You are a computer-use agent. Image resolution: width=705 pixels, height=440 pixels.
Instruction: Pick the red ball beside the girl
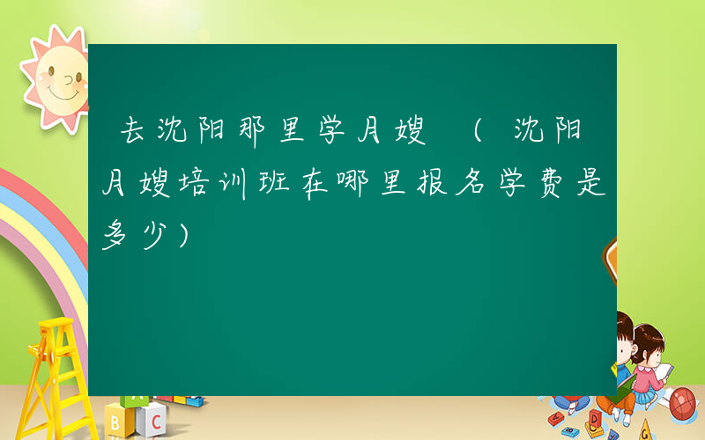tap(684, 403)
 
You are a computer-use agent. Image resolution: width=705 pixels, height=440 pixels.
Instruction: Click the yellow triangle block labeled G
tap(646, 430)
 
